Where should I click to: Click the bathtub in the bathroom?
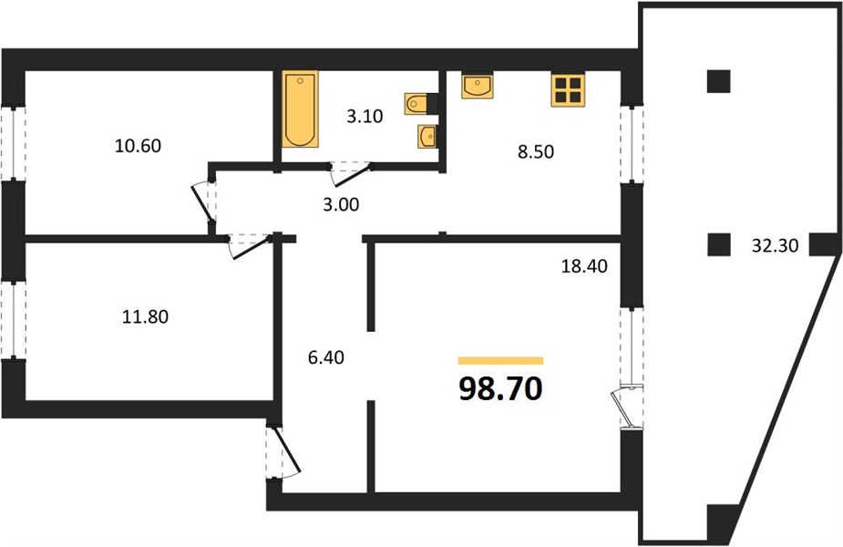pyautogui.click(x=301, y=108)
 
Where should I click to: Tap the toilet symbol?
pyautogui.click(x=416, y=104)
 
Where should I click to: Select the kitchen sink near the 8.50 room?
pyautogui.click(x=477, y=86)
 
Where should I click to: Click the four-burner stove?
pyautogui.click(x=568, y=90)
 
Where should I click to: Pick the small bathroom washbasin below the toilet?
pyautogui.click(x=427, y=136)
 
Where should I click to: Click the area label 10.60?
pyautogui.click(x=139, y=146)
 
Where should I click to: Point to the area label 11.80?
pyautogui.click(x=145, y=316)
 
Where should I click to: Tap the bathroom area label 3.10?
pyautogui.click(x=365, y=116)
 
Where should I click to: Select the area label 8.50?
pyautogui.click(x=536, y=151)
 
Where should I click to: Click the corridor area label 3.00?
pyautogui.click(x=341, y=204)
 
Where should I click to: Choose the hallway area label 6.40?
pyautogui.click(x=325, y=357)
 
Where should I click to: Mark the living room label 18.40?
pyautogui.click(x=584, y=265)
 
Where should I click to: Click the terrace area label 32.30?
pyautogui.click(x=776, y=246)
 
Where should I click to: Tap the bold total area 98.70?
pyautogui.click(x=500, y=388)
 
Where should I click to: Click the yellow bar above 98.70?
pyautogui.click(x=500, y=361)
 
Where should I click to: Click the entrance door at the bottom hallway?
pyautogui.click(x=283, y=452)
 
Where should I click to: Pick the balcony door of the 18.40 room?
pyautogui.click(x=627, y=407)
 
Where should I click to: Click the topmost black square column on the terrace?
pyautogui.click(x=718, y=82)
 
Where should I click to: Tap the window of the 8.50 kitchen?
pyautogui.click(x=632, y=144)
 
